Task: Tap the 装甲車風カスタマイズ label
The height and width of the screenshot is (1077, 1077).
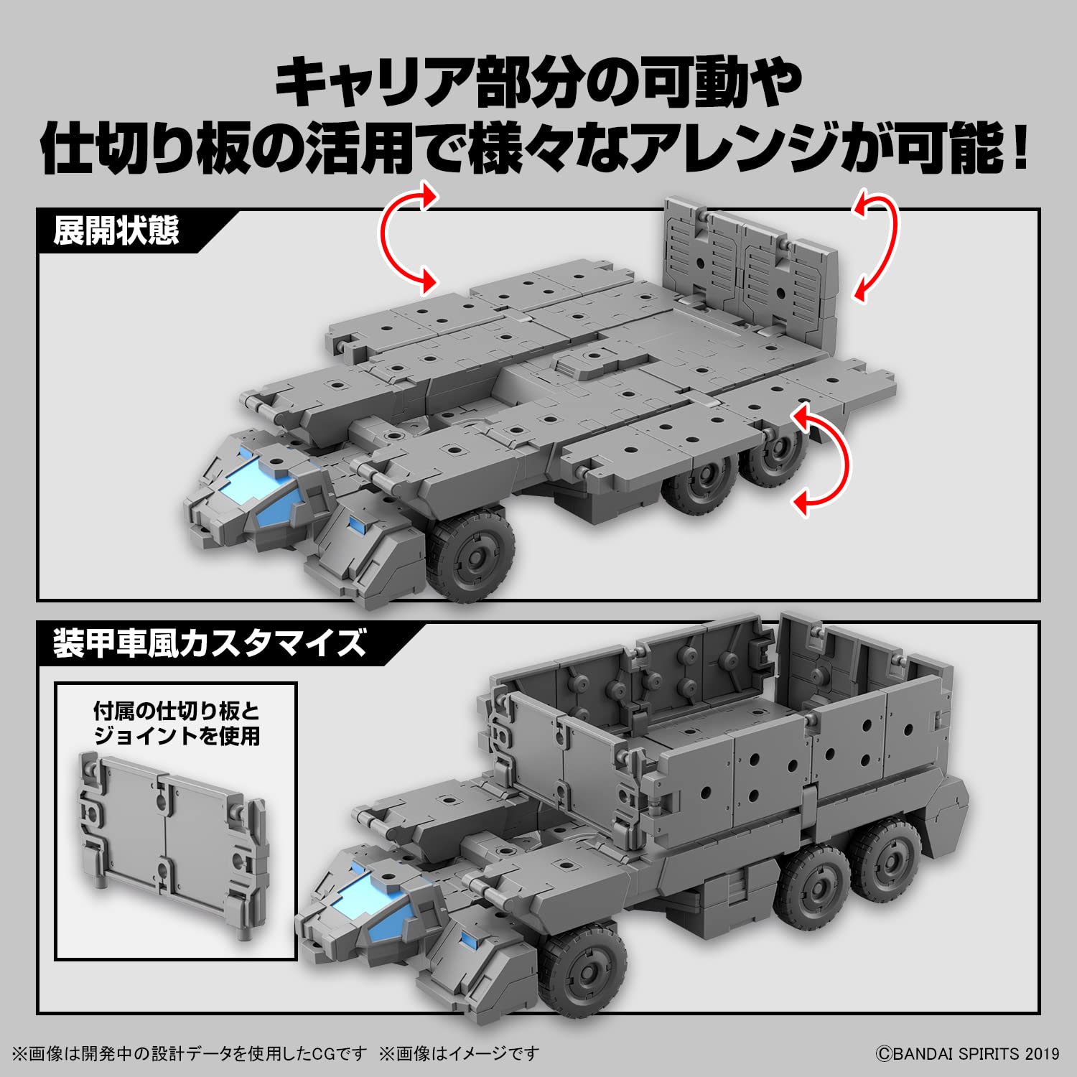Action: point(209,643)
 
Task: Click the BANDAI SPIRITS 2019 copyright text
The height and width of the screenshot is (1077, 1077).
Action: point(966,1053)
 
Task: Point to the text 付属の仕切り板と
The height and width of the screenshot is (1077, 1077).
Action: point(177,712)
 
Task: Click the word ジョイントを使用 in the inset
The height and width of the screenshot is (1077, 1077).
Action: point(177,737)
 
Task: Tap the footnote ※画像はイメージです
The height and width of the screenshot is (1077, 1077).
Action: point(459,1053)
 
